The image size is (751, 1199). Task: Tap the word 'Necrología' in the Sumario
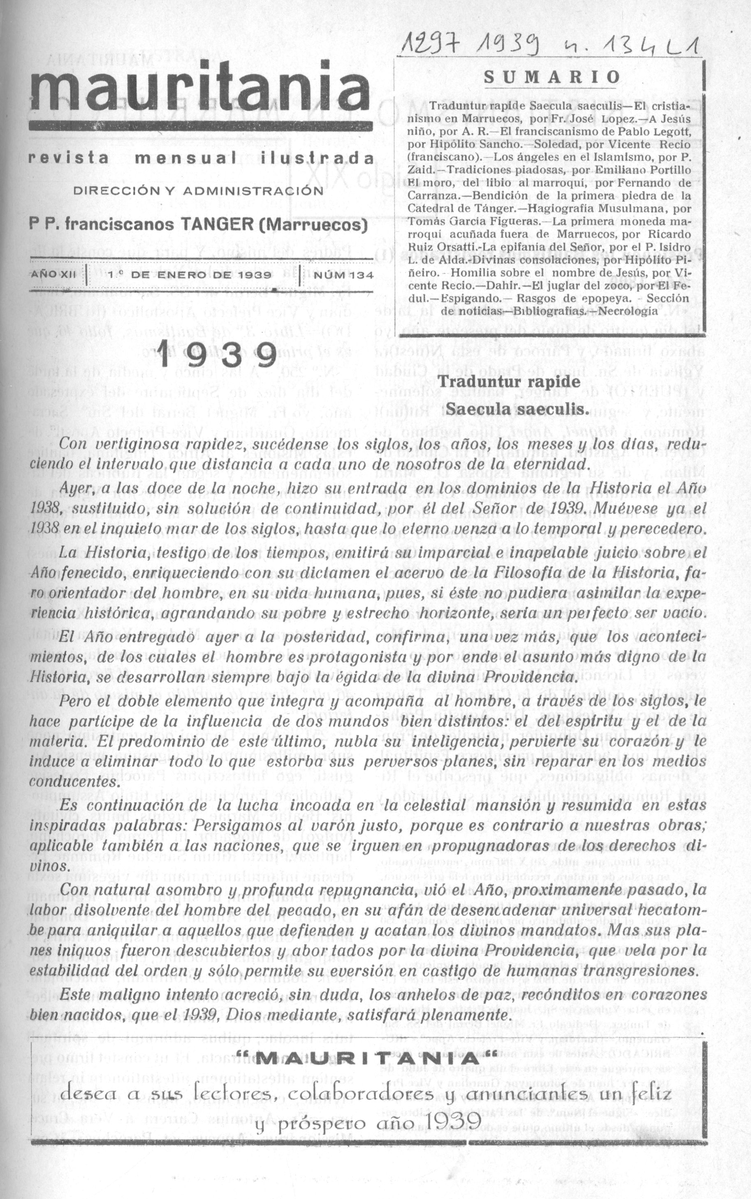coord(630,311)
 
